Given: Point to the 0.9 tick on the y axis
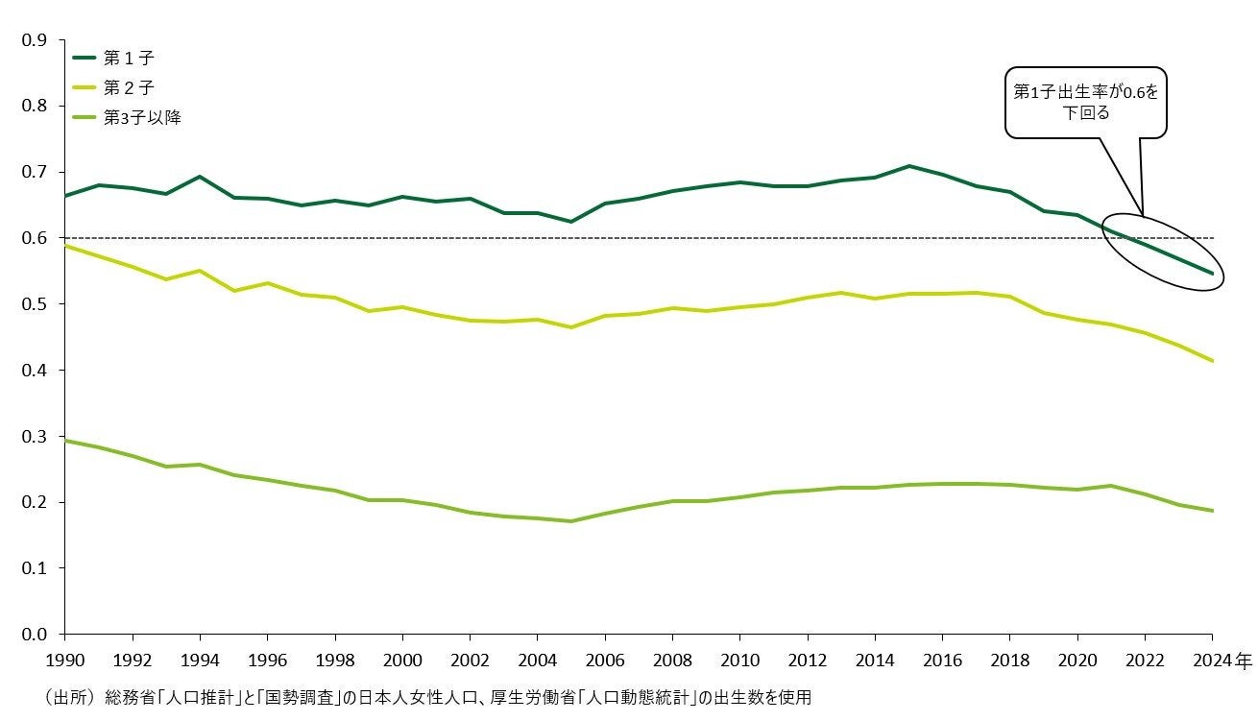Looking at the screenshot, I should [x=35, y=40].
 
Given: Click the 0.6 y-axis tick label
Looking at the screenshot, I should [x=35, y=238].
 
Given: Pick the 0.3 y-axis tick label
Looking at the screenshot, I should [x=35, y=437].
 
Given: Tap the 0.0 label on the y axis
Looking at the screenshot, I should [x=35, y=635].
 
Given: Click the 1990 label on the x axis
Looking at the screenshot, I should [x=64, y=661].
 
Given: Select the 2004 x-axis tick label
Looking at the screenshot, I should [x=536, y=661].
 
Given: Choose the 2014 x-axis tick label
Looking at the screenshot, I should [x=873, y=661].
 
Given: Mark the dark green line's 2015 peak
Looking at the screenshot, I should [x=907, y=166].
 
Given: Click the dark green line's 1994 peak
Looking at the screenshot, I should [x=199, y=177].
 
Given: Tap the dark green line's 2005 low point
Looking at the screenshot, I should [x=570, y=222].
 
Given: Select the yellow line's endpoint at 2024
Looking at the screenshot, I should [x=1212, y=361].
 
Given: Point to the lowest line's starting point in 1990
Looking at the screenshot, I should [x=64, y=441].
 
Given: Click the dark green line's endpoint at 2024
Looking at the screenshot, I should [x=1212, y=274].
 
